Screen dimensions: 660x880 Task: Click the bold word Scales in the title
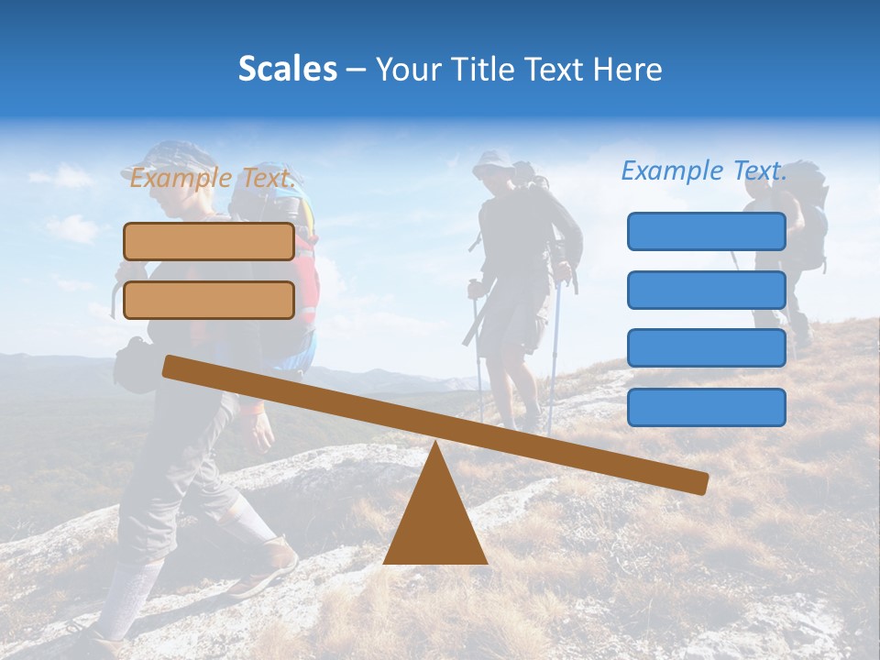point(287,70)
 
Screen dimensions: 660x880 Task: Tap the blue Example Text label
point(704,170)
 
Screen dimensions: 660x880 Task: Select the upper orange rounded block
point(209,242)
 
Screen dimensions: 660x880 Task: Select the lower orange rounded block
point(209,300)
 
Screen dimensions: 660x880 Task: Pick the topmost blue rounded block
point(706,231)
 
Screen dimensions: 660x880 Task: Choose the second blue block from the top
point(706,290)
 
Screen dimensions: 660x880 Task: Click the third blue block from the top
point(706,348)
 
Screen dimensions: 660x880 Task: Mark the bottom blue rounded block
point(706,407)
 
